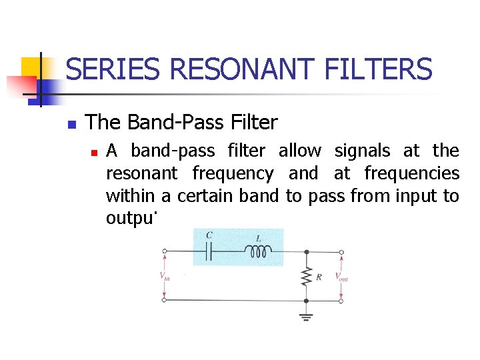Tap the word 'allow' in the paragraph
point(299,151)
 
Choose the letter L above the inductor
point(258,237)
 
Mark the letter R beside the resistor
point(319,277)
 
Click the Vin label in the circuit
point(164,276)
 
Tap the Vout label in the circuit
point(341,276)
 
